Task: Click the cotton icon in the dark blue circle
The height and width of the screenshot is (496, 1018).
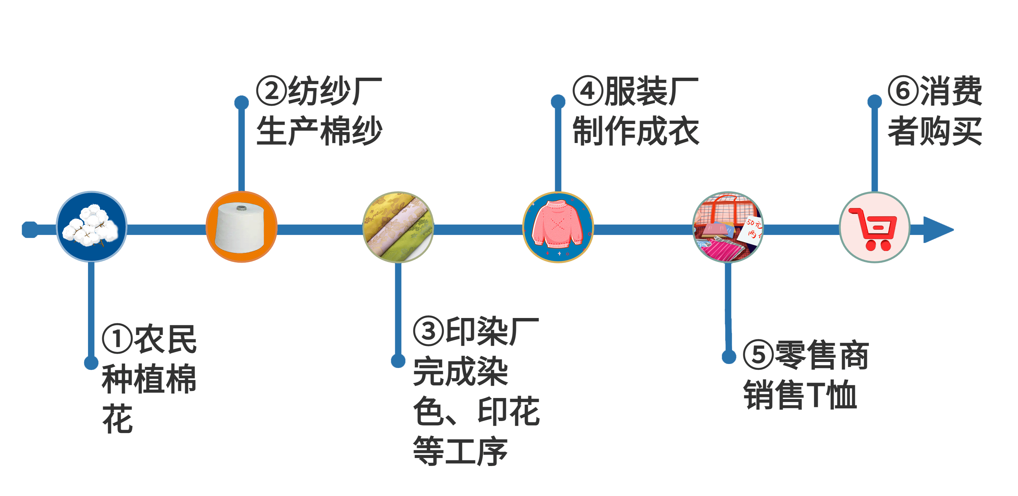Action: (91, 226)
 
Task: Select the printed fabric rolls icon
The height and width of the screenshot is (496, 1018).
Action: (398, 227)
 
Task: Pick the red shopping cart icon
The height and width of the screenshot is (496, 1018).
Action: (874, 228)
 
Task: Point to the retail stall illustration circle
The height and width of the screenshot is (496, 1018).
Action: (728, 227)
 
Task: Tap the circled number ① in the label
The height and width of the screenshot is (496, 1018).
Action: (117, 339)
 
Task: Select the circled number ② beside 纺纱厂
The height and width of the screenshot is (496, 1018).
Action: (272, 91)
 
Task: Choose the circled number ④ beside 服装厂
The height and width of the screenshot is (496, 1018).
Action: (588, 91)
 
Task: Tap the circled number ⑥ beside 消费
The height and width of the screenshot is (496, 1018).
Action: (903, 91)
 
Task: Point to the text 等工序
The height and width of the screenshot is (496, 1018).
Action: (461, 451)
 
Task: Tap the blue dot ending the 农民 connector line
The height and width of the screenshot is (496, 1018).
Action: (91, 362)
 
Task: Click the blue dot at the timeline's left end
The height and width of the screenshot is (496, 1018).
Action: (30, 230)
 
